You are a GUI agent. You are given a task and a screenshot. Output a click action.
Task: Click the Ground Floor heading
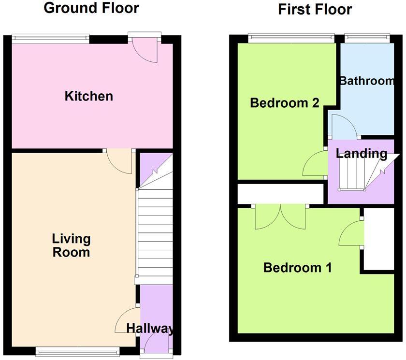pos(91,8)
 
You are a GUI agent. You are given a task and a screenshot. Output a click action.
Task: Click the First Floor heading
pos(315,9)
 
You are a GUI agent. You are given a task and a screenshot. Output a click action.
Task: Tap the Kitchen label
pos(89,96)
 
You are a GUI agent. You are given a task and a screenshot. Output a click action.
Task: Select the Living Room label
pos(72,245)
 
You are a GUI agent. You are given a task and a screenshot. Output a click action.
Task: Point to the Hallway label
pos(150,329)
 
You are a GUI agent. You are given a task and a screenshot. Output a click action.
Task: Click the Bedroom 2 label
pos(285,103)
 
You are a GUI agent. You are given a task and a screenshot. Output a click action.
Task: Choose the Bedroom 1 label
pos(297,268)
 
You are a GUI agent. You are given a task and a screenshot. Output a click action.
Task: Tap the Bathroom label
pos(367,81)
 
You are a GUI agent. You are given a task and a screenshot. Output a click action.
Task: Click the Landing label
pos(362,154)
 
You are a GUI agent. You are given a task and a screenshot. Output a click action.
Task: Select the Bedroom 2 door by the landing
pos(315,164)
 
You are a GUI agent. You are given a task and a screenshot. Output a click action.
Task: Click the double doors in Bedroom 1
pos(280,216)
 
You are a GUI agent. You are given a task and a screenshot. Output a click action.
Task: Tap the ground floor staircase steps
pos(155,232)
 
